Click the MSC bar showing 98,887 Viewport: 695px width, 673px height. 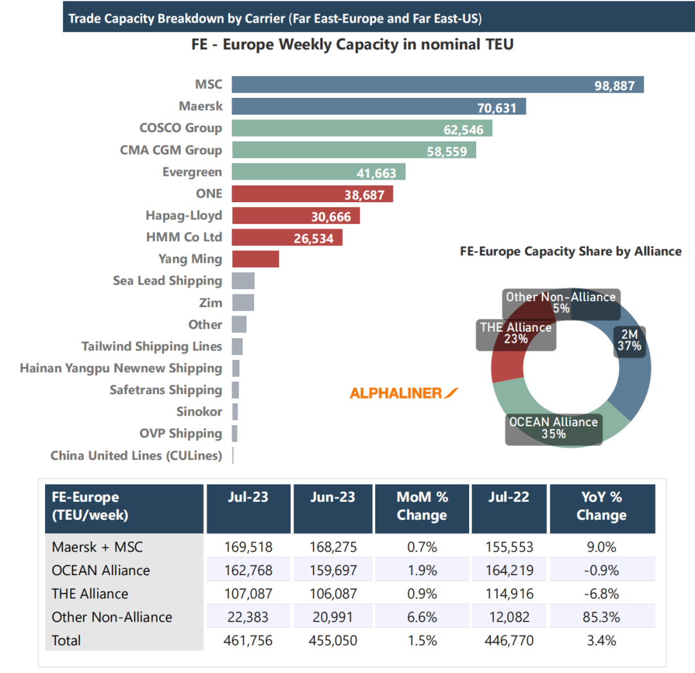coord(438,85)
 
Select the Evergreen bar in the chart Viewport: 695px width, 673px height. coord(318,172)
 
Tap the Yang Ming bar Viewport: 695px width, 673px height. coord(255,259)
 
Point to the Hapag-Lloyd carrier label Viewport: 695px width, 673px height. coord(184,216)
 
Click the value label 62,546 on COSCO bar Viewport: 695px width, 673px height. coord(463,129)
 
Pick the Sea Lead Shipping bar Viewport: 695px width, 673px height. coord(243,281)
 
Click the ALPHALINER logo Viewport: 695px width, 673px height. coord(403,393)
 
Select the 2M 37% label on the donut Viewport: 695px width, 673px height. coord(629,339)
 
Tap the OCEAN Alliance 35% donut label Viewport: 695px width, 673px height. coord(553,428)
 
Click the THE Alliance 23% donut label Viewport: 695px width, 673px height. coord(516,333)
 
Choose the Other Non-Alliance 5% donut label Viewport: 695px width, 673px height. coord(561,303)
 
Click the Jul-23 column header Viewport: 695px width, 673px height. coord(248,498)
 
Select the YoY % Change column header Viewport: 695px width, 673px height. coord(601,506)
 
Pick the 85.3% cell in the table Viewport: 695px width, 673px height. coord(601,617)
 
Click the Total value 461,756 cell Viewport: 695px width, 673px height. coord(248,640)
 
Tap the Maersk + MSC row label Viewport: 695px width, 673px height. coord(97,547)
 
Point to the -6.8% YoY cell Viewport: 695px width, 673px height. coord(601,594)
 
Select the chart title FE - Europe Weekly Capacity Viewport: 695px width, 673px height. coord(352,46)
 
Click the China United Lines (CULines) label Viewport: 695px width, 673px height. coord(136,456)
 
